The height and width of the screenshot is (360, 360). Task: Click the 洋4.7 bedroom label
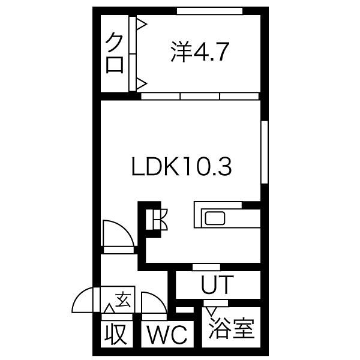point(200,52)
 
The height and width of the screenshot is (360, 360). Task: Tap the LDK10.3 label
point(181,166)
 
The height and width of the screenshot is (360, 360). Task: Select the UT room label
point(217,284)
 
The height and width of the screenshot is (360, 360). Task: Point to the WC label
point(167,334)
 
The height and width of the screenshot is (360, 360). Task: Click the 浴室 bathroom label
point(231,328)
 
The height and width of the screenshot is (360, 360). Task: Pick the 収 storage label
point(116,334)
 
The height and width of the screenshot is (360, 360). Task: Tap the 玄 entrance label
point(123,299)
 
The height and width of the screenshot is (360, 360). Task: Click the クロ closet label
point(114,53)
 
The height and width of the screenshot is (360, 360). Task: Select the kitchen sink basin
point(215,218)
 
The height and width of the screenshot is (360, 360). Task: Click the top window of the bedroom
point(209,11)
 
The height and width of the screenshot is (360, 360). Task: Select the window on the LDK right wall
point(265,152)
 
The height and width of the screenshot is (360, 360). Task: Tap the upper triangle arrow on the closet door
point(142,24)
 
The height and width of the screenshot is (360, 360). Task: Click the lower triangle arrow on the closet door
point(142,83)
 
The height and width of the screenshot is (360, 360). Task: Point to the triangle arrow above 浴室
point(211,311)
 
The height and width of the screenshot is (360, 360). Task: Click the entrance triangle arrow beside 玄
point(109,308)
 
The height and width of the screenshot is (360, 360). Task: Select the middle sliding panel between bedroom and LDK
point(200,96)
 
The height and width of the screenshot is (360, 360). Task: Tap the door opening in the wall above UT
point(206,267)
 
